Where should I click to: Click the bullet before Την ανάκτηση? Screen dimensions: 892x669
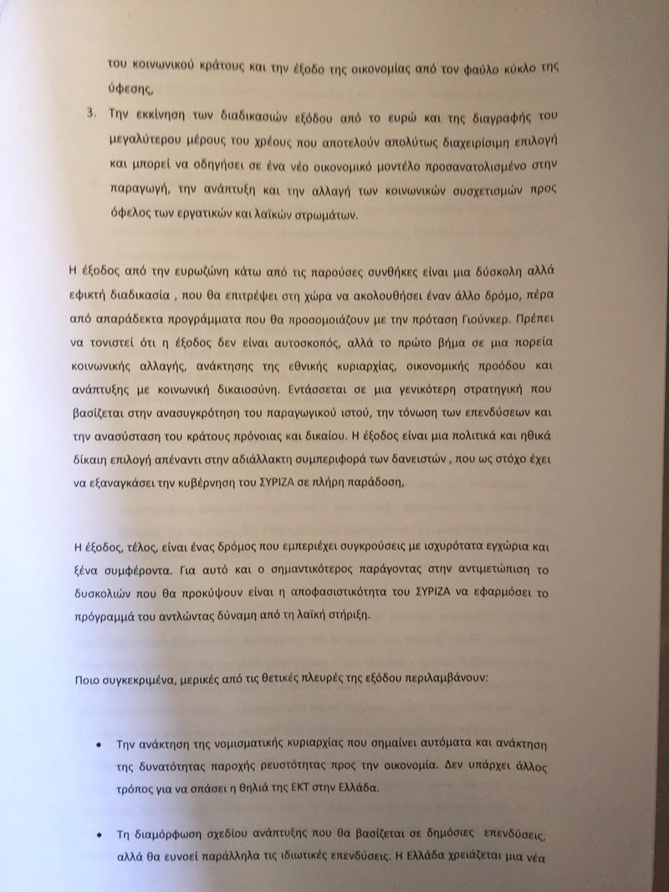click(x=98, y=744)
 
